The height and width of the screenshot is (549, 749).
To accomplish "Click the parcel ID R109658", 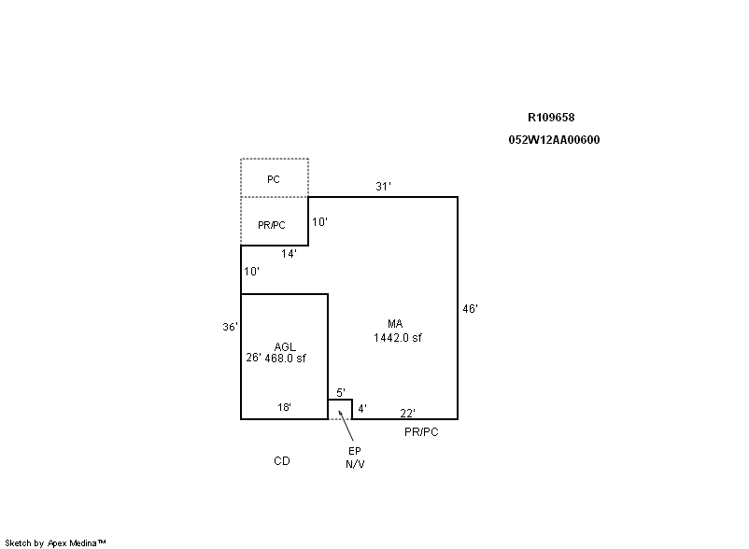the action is [551, 118].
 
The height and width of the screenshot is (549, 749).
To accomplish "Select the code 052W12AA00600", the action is [554, 140].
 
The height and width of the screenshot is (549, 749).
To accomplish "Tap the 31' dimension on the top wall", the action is [383, 187].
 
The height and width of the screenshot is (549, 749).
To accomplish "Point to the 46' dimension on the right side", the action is [470, 309].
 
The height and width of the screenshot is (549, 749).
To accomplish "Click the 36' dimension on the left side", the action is [230, 327].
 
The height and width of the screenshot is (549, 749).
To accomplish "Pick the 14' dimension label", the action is [289, 254].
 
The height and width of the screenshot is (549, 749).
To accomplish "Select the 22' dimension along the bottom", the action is [407, 413].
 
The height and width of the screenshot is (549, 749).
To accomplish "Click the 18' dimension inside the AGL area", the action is [284, 407].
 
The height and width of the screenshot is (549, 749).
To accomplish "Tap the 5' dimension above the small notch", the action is [341, 393].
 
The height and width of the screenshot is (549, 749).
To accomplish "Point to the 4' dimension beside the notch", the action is [362, 409].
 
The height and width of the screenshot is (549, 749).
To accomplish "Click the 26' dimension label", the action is [253, 358].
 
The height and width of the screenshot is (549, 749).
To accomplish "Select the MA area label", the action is [395, 324].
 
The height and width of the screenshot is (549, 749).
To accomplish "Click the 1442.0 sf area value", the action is [398, 338].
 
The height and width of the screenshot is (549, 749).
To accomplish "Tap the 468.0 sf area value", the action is [285, 358].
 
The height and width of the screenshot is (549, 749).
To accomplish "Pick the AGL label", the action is [285, 347].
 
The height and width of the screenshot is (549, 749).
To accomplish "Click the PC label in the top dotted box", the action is [274, 179].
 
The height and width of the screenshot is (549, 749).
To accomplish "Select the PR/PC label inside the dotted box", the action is [272, 225].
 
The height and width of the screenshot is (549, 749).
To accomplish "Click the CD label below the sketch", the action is [282, 461].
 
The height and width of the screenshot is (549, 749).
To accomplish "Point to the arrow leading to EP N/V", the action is [346, 426].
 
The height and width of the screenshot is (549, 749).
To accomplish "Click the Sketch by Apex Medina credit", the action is [55, 543].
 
